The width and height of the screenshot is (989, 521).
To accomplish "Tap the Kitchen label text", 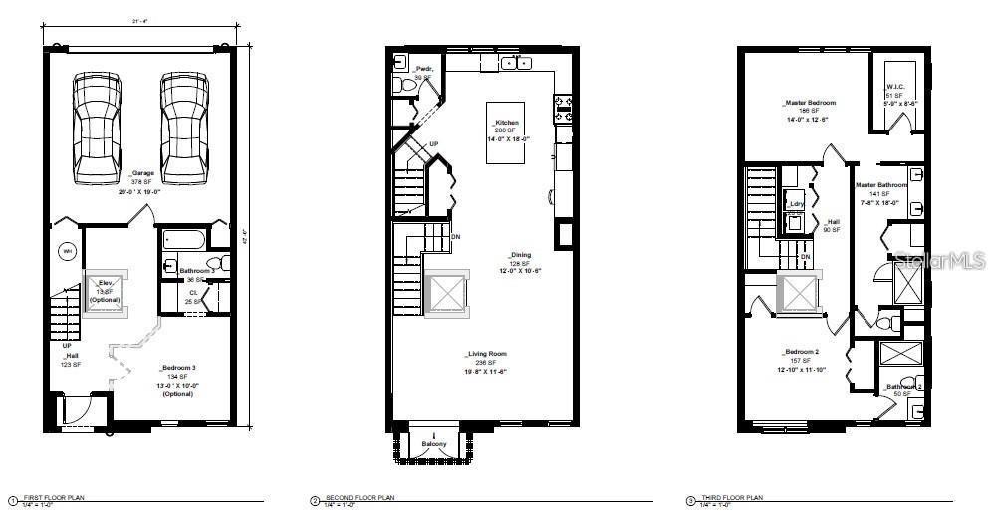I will click(x=507, y=123).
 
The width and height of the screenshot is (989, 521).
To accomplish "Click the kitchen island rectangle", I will click(x=506, y=133).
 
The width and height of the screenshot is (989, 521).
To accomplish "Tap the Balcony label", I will click(x=434, y=442).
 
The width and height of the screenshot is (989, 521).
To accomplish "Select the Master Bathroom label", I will click(x=881, y=185).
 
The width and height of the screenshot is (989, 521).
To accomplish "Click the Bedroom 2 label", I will click(x=801, y=352).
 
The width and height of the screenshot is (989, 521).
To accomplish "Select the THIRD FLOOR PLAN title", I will click(x=729, y=497).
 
